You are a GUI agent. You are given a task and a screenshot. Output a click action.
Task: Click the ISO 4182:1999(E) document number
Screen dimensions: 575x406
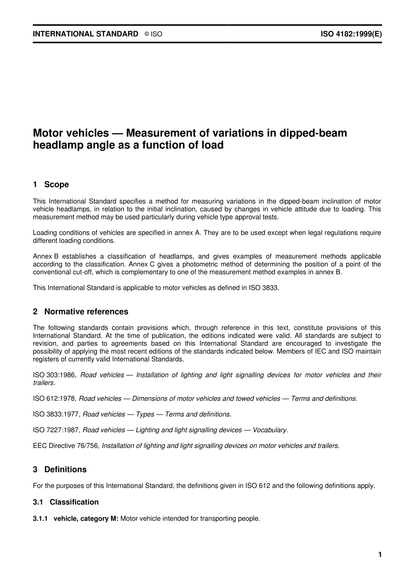(x=351, y=34)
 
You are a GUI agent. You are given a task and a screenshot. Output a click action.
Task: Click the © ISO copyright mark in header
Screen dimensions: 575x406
(x=153, y=34)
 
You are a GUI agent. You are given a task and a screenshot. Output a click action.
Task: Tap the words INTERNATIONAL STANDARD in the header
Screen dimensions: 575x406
(x=85, y=34)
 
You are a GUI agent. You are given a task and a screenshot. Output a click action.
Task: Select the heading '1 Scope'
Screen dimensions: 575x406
(x=51, y=185)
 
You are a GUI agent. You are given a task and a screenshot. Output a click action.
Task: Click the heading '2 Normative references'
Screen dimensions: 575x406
(x=80, y=312)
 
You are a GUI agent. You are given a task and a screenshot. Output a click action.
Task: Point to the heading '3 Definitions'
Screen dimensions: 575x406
(x=60, y=469)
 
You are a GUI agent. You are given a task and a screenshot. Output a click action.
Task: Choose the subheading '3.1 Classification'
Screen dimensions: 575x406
(x=66, y=502)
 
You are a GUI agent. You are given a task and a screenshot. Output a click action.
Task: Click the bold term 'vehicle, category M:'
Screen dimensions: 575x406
(x=86, y=519)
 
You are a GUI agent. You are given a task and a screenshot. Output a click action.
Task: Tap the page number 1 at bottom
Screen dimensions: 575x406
(x=380, y=555)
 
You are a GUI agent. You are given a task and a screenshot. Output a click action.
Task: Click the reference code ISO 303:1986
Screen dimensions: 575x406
(x=54, y=375)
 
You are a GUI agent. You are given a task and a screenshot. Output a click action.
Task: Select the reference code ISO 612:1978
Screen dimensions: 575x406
(x=54, y=398)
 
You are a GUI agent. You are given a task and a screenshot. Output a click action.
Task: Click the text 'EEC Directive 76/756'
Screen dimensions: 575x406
(x=66, y=445)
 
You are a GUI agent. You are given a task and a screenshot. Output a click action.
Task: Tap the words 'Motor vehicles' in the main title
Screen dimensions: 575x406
(x=71, y=133)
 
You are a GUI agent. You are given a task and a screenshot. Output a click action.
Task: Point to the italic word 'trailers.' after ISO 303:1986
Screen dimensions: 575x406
(x=44, y=383)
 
